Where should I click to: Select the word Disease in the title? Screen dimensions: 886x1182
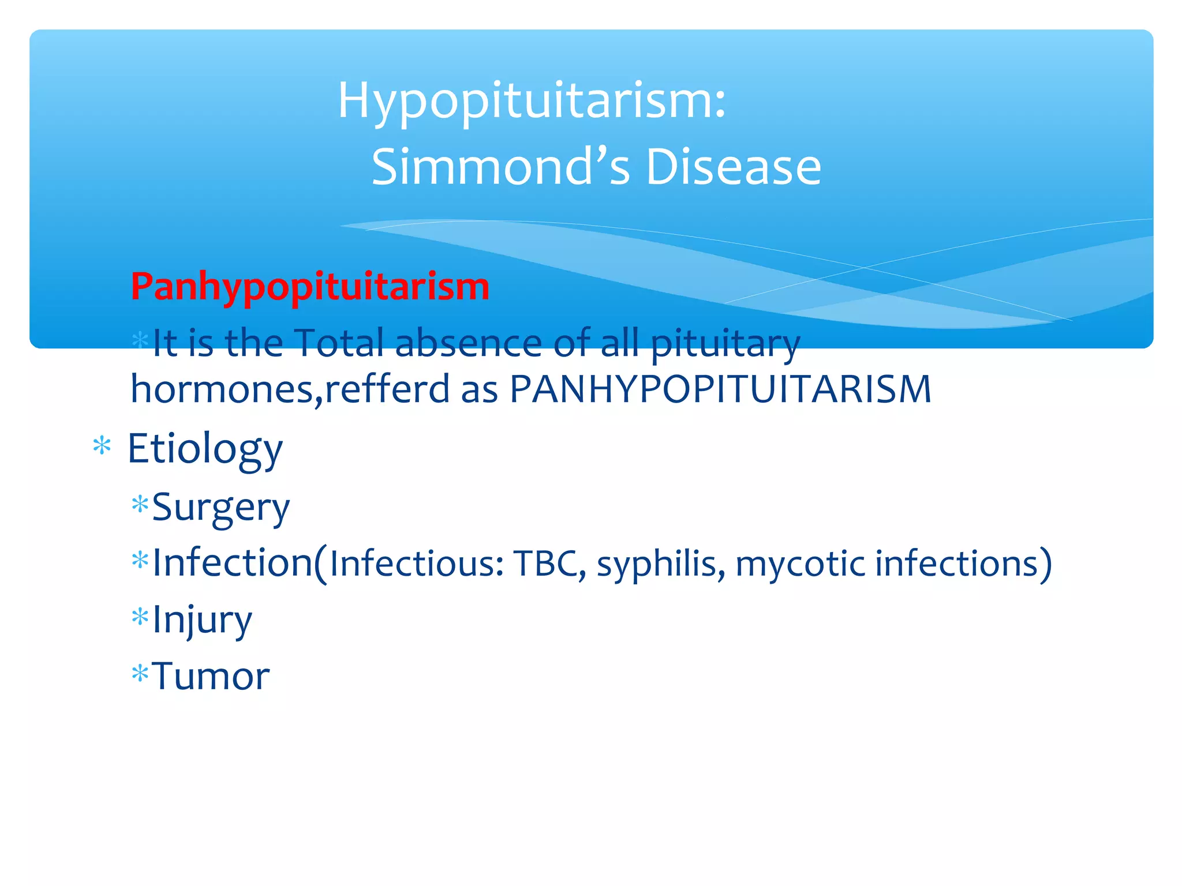pos(733,167)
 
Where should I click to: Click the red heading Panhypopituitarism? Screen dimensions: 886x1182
pos(310,287)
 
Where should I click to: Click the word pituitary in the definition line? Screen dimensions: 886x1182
pos(725,344)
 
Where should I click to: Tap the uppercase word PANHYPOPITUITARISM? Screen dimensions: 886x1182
pos(720,389)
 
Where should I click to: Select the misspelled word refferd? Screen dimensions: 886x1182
pos(387,389)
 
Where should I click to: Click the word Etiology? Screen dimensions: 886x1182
pos(205,449)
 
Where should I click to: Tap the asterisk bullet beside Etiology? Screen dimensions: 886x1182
pos(102,447)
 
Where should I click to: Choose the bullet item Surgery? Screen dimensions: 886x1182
pos(220,508)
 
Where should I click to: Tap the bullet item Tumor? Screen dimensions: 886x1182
pos(211,676)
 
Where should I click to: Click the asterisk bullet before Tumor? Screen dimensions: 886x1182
pos(140,673)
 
